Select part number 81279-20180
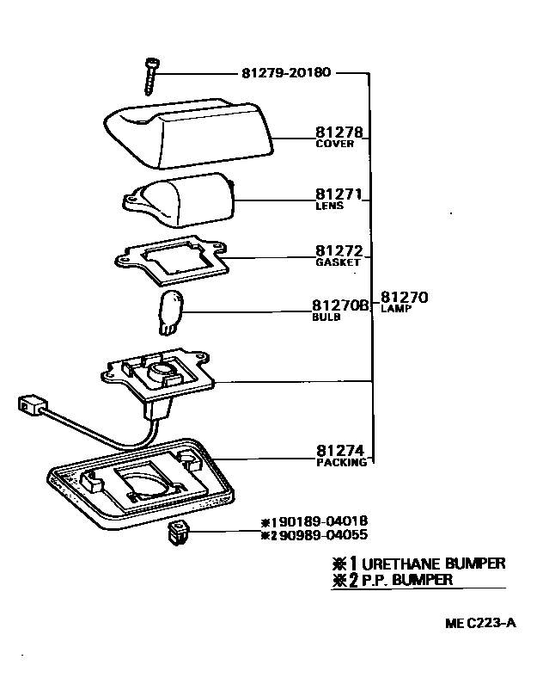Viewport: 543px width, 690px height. coord(284,73)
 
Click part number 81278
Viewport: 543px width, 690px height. coord(339,134)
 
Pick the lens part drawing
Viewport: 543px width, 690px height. coord(185,199)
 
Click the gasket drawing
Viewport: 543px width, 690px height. coord(172,256)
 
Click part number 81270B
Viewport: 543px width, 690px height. coord(340,305)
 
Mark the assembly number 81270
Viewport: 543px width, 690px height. coord(403,298)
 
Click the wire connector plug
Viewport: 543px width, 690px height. coord(29,404)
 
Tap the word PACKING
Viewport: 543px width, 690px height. coord(340,462)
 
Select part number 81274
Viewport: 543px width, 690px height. coord(339,450)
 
